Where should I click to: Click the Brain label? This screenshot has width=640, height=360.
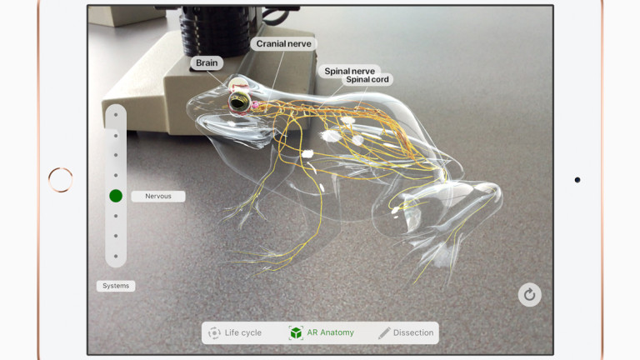207,62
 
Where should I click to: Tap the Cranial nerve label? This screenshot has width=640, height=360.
283,43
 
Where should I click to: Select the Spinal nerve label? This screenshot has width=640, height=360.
348,72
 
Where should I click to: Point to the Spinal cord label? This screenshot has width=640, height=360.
367,80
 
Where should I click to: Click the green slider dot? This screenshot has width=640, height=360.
116,196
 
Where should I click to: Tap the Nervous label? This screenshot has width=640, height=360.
158,197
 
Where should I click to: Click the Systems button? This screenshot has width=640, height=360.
116,286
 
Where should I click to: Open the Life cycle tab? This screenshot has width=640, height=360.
242,332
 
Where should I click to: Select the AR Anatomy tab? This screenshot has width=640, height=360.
330,332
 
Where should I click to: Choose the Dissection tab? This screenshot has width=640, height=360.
413,332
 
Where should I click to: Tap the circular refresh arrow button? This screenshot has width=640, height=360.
529,294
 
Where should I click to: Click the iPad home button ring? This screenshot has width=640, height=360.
60,179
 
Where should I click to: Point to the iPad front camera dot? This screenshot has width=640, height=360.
577,179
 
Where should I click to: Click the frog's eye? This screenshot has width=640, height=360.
240,101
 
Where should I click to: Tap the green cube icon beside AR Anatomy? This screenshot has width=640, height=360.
296,332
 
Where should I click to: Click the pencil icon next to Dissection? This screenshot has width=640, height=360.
384,332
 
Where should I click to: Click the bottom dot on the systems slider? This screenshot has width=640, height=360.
116,257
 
